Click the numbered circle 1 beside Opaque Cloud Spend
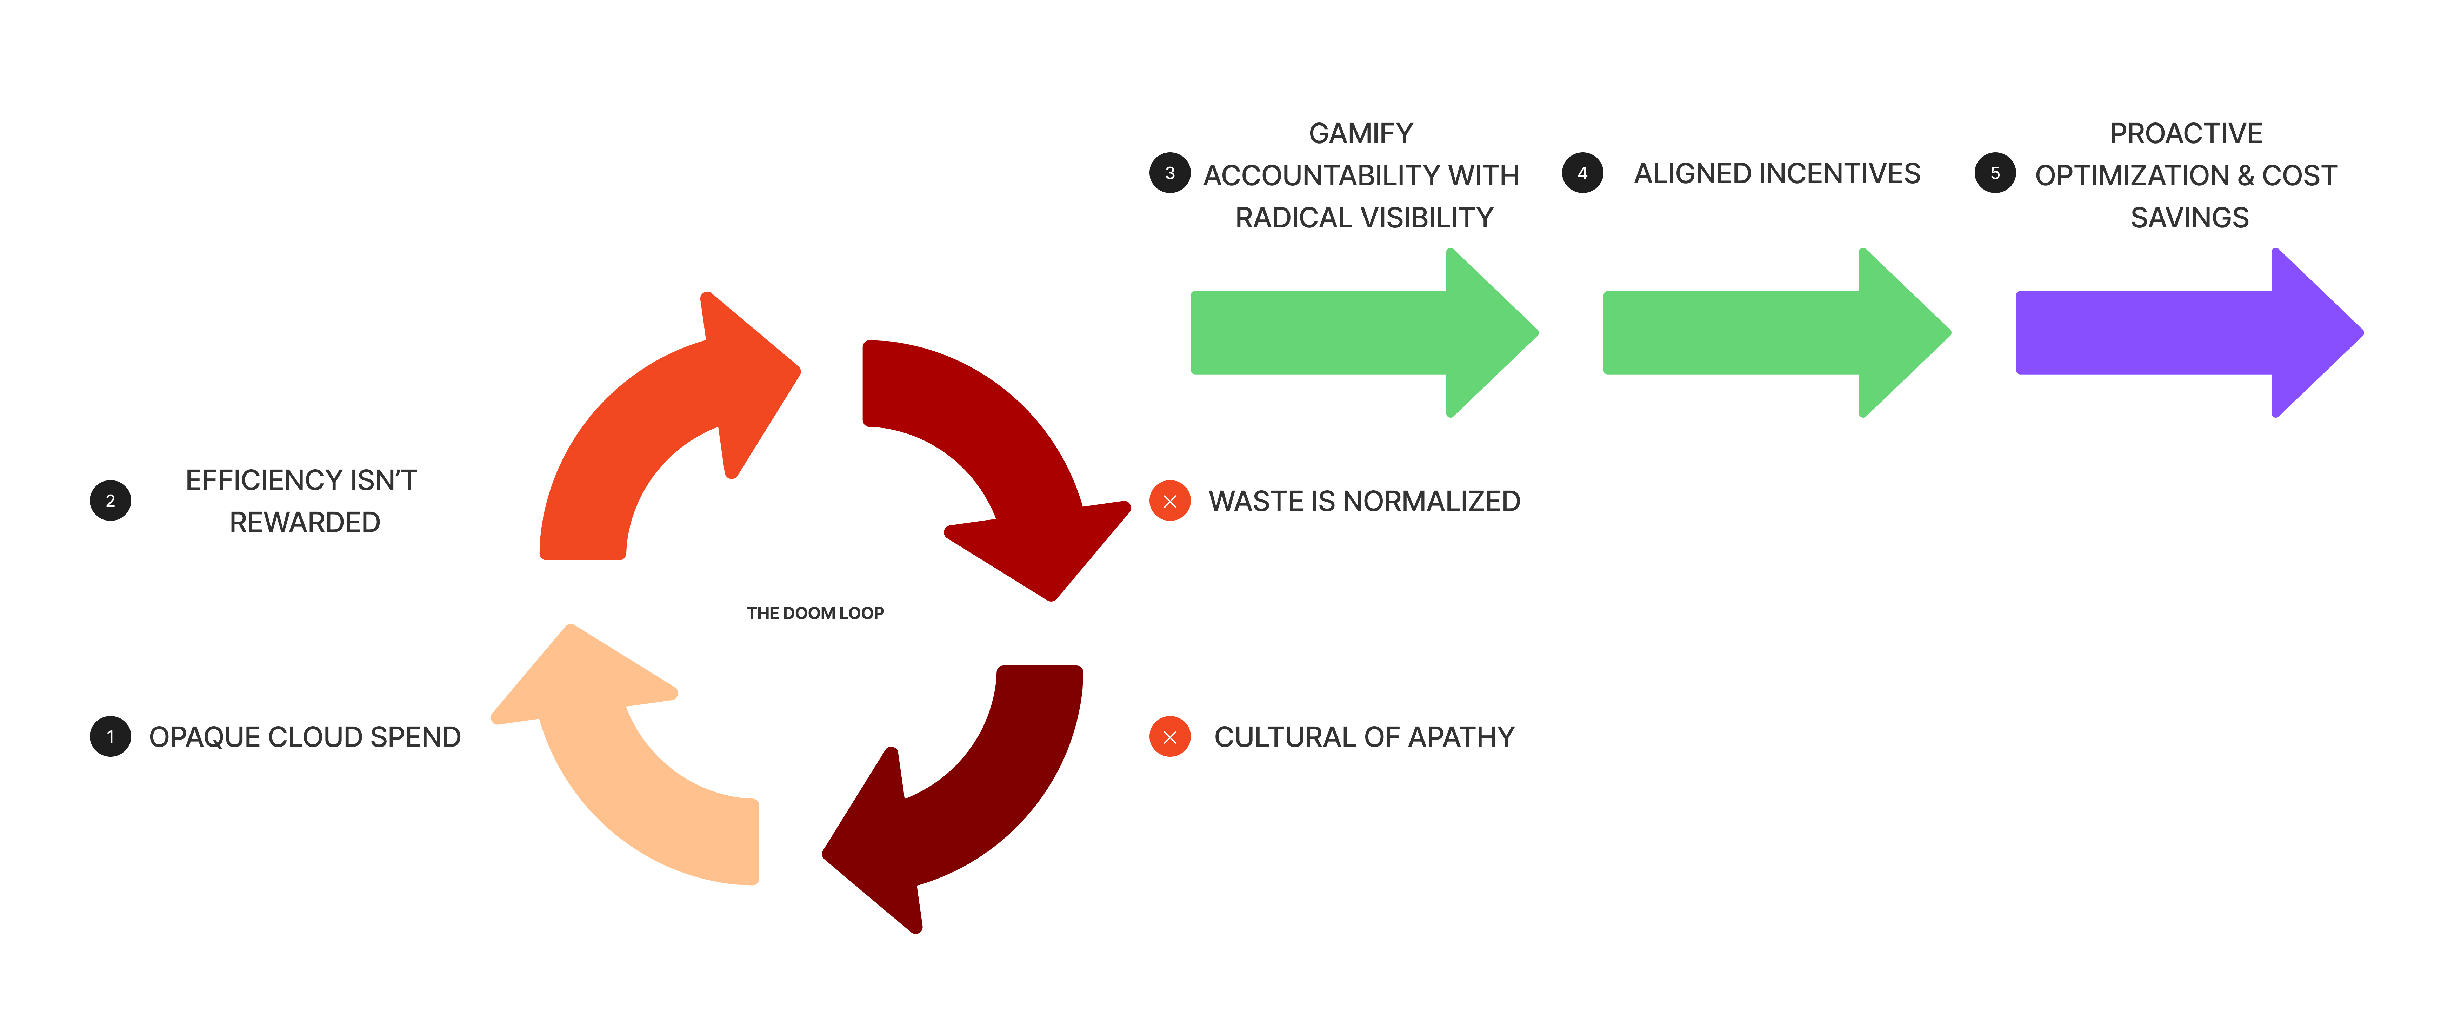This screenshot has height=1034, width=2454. pos(111,737)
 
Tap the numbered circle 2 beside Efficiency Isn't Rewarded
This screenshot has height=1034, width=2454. pos(111,500)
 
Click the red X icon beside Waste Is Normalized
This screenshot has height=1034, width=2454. pos(1170,501)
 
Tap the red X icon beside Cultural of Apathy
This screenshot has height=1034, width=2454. pos(1170,737)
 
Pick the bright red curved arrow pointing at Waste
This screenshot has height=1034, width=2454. pos(991,448)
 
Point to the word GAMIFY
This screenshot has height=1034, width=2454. pos(1360,133)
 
